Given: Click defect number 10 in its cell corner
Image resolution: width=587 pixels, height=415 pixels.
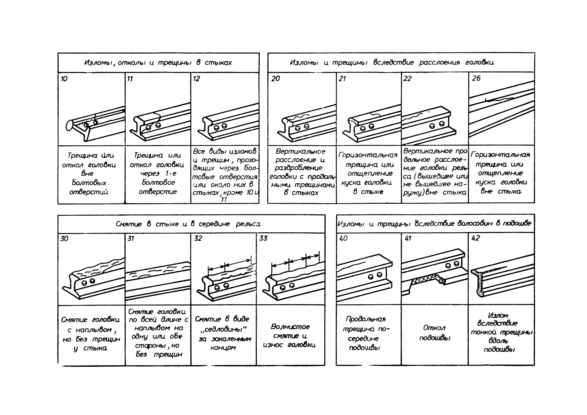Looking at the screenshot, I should coord(64,79).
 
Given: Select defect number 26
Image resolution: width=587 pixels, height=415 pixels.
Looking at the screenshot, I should coord(476,78).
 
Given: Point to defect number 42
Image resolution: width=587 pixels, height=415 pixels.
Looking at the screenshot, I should coord(475,238).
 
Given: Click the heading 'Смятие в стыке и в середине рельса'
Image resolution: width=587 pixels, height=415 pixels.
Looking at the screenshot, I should coord(188,224).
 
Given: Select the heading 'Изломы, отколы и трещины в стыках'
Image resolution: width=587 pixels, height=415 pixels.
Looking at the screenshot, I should coord(158,63).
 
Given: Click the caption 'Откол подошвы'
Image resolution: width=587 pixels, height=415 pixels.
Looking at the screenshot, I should coord(434,333).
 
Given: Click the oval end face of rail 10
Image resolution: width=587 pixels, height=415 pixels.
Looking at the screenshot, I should coord(69,126).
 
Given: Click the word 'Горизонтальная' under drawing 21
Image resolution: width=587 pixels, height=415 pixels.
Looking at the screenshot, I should coord(368,155).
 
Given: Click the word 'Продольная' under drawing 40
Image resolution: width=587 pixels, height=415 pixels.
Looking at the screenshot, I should coord(365,319).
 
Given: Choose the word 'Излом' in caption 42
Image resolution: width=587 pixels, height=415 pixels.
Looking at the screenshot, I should coord(498,315).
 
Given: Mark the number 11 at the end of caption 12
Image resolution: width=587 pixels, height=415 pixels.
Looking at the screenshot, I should coord(224,200).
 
